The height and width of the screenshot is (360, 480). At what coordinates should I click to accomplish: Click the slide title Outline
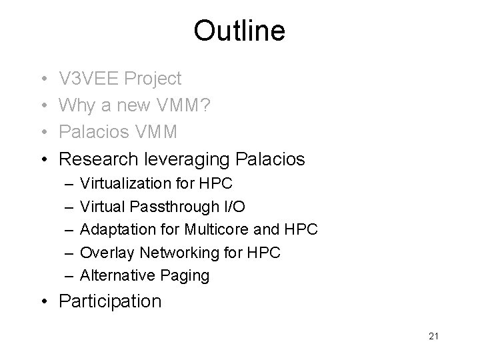(239, 31)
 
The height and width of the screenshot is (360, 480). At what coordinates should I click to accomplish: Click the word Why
(75, 105)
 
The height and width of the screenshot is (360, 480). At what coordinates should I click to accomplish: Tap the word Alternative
(115, 275)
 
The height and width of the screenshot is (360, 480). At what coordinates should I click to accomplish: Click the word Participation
(110, 301)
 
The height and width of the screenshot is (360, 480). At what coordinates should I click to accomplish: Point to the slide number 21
(434, 337)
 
